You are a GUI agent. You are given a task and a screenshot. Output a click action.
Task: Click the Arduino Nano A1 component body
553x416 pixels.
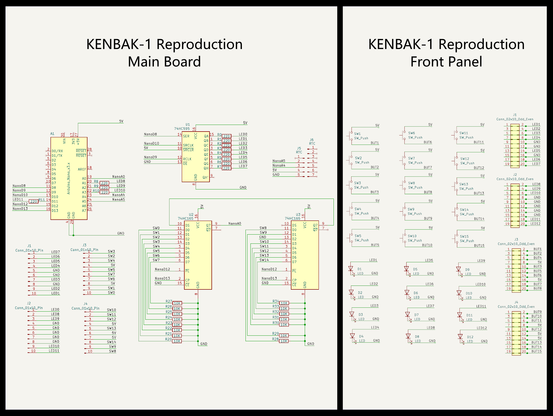coord(69,178)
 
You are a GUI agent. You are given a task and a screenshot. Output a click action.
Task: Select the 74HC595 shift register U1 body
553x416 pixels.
coord(196,156)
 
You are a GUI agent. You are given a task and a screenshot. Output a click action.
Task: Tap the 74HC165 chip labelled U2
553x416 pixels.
coord(198,255)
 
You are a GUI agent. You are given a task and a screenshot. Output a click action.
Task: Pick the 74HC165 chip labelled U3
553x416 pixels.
coord(305,255)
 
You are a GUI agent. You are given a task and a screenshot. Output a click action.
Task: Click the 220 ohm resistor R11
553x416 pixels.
coord(33,201)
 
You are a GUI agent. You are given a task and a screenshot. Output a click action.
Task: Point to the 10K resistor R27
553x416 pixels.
coord(177,303)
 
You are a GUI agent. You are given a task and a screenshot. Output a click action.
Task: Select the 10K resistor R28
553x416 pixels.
coord(284,341)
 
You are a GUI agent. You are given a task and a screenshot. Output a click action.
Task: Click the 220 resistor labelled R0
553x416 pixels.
coord(226,136)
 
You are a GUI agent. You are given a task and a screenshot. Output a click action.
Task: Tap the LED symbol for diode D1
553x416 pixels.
coord(351,269)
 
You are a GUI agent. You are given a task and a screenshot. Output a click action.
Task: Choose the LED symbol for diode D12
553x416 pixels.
coord(460,337)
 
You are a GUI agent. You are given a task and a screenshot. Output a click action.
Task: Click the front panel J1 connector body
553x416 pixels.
coord(515,145)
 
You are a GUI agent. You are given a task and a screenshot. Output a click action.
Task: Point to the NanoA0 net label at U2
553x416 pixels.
coord(235,224)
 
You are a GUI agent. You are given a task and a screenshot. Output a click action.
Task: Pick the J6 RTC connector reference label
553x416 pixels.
coord(312,140)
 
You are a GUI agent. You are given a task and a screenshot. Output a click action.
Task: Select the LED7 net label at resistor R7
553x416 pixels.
coord(243,166)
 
